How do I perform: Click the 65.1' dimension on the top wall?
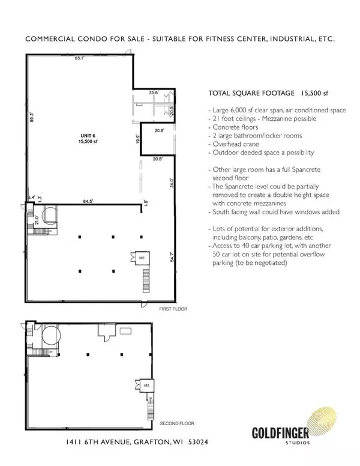pos(79,59)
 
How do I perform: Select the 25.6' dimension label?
pos(154,92)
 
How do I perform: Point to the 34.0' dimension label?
pos(172,183)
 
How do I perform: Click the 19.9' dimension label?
pos(137,140)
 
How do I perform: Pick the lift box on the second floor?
pos(144,383)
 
